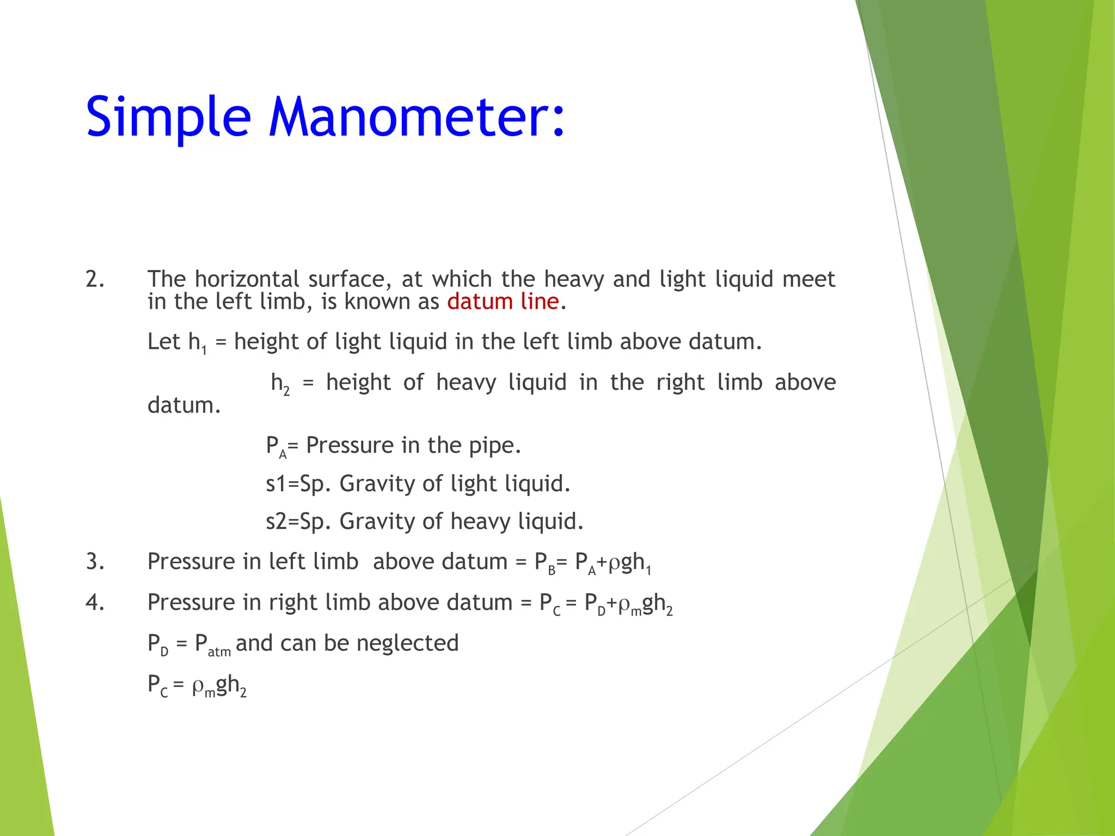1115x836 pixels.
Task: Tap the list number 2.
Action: click(95, 279)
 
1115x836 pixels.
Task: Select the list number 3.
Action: click(95, 562)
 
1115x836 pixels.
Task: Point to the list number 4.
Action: click(95, 603)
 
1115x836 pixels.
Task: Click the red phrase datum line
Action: click(503, 302)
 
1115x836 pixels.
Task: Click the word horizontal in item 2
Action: click(247, 279)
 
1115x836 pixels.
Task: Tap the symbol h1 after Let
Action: click(197, 343)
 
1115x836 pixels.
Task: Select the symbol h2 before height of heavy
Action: click(280, 384)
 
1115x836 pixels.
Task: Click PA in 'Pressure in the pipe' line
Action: click(275, 447)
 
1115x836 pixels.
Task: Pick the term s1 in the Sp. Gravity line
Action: click(275, 484)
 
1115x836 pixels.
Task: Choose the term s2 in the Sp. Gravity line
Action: click(275, 522)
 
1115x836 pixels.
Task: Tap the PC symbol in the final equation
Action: click(157, 686)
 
